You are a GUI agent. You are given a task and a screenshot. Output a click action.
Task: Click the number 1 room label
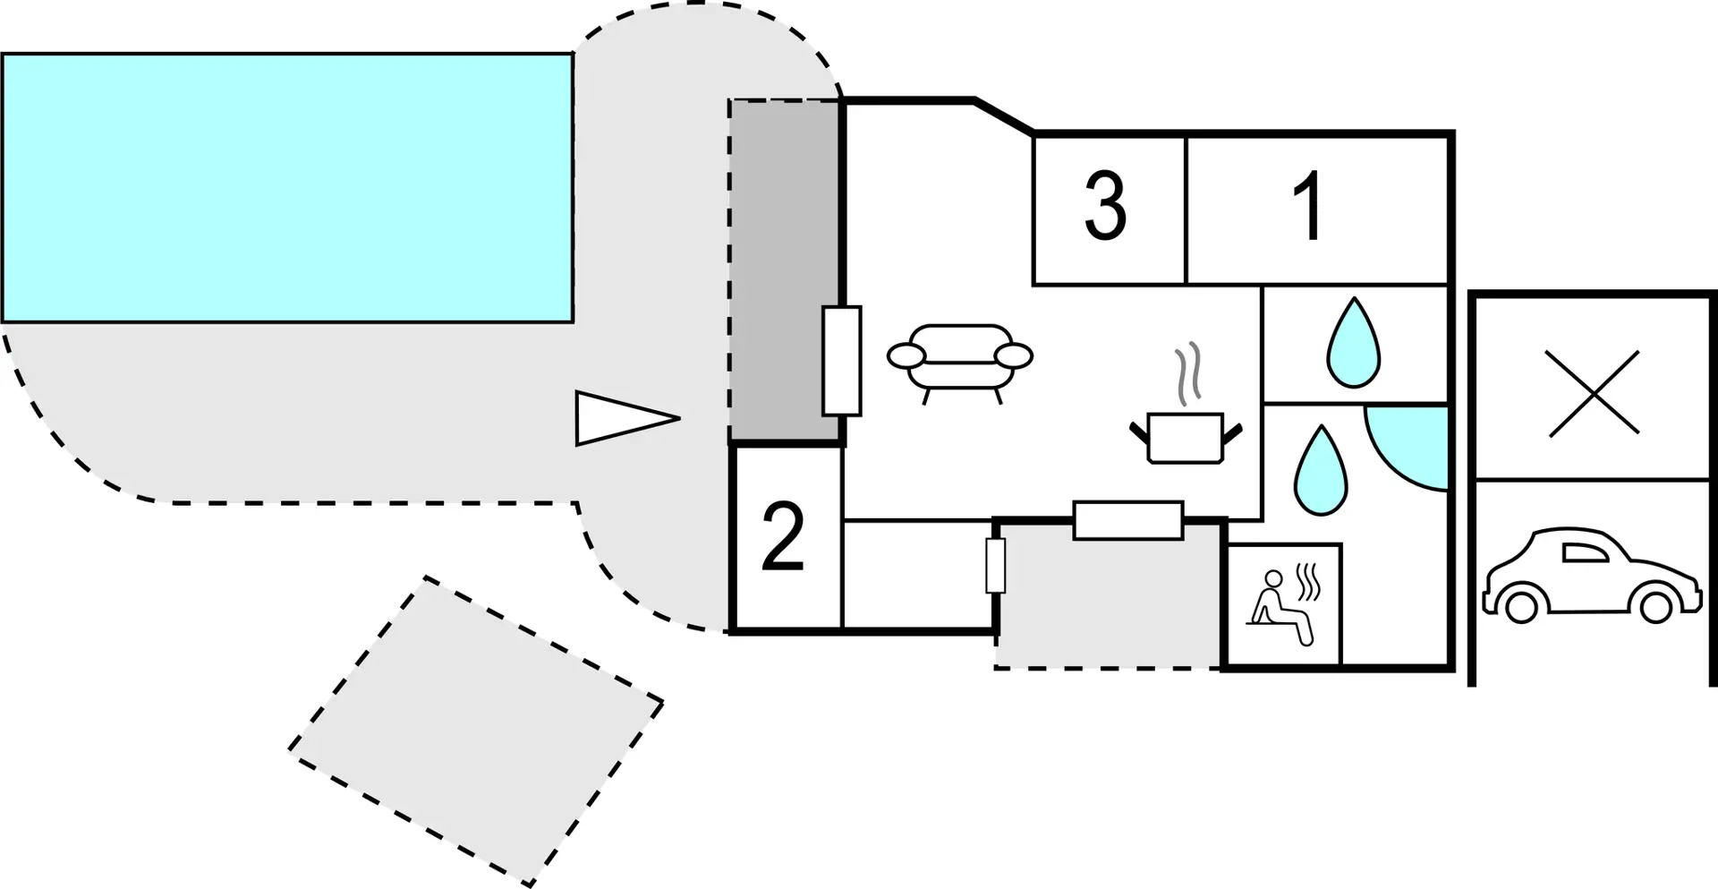[x=1310, y=207]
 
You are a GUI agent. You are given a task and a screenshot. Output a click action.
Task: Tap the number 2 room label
[x=783, y=536]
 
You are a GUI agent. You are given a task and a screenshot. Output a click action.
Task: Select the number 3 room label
[x=1105, y=207]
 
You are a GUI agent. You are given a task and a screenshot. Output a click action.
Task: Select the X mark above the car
[x=1594, y=394]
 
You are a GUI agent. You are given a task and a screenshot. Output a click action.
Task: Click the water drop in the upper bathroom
[x=1354, y=343]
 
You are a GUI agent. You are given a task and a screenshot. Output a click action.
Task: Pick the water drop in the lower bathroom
[x=1321, y=470]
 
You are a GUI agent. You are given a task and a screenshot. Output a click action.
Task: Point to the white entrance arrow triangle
[x=627, y=418]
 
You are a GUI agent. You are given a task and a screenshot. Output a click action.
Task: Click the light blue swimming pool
[x=287, y=187]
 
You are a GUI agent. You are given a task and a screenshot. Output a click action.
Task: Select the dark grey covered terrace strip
[x=786, y=270]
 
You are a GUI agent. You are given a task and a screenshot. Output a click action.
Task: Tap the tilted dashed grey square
[x=476, y=731]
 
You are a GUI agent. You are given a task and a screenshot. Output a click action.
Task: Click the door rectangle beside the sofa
[x=842, y=361]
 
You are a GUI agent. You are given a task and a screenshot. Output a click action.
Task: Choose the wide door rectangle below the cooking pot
[x=1128, y=520]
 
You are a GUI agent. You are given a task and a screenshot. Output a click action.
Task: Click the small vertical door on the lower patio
[x=996, y=566]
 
